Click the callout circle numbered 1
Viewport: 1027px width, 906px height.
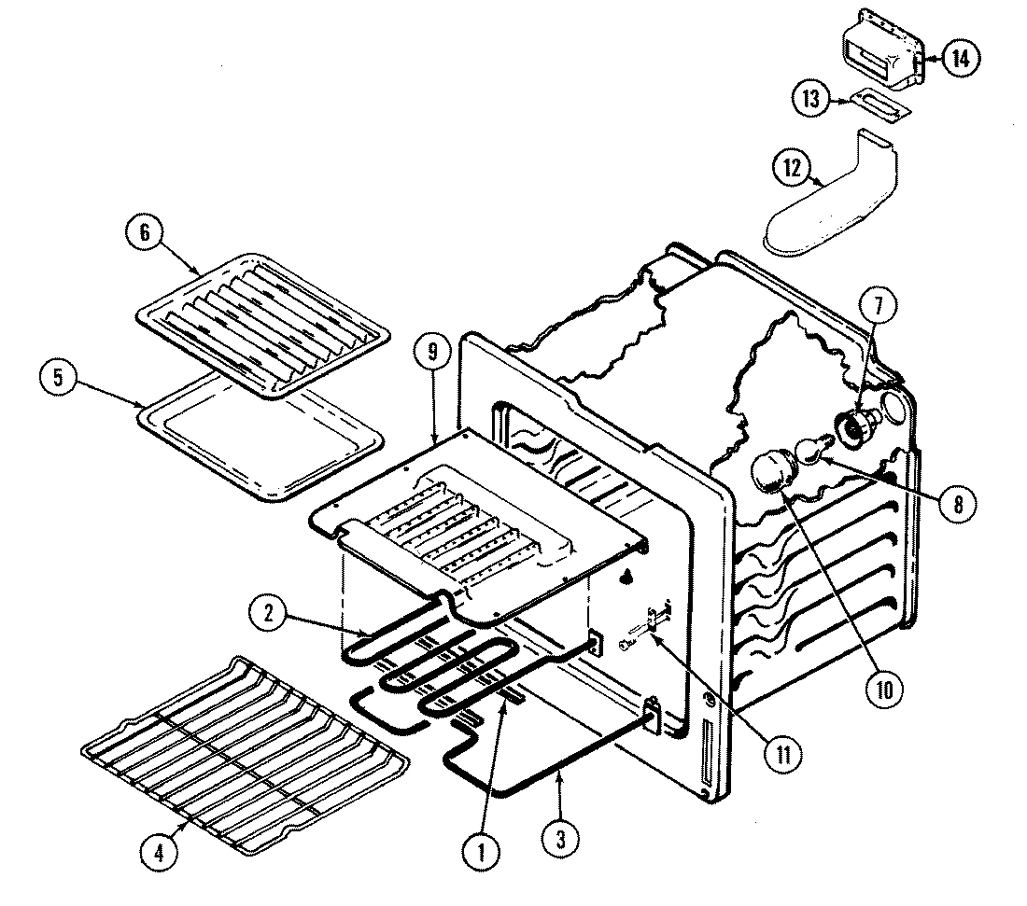[x=484, y=850]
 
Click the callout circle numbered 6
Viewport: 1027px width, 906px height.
[x=146, y=233]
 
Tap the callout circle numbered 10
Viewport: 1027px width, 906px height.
[x=883, y=690]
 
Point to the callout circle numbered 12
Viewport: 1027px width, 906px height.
[x=793, y=169]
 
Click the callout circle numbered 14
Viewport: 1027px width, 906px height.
[x=961, y=58]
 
